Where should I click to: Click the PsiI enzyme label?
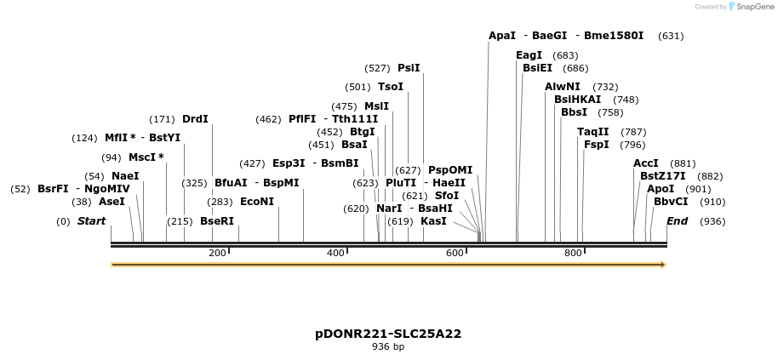click(x=409, y=68)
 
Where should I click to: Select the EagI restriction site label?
click(x=529, y=55)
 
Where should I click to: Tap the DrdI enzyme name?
click(x=195, y=120)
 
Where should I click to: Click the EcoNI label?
click(x=257, y=202)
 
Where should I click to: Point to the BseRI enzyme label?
click(x=216, y=221)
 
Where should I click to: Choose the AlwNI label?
click(x=562, y=87)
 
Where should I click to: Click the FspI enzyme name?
click(x=596, y=145)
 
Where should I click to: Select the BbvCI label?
click(x=671, y=202)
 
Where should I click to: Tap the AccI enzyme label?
click(x=646, y=163)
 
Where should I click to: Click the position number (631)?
click(x=671, y=36)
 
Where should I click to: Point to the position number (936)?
click(x=712, y=221)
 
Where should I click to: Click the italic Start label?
click(x=92, y=221)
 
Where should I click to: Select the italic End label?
click(x=677, y=221)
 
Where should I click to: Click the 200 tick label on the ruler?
click(x=217, y=253)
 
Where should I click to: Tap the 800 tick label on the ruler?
click(x=573, y=253)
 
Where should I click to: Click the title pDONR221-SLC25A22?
click(x=388, y=334)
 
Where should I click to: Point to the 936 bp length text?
click(x=388, y=347)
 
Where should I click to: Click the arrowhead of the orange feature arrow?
click(x=661, y=265)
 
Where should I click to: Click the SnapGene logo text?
click(x=751, y=7)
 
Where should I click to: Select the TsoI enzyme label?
click(x=391, y=87)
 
